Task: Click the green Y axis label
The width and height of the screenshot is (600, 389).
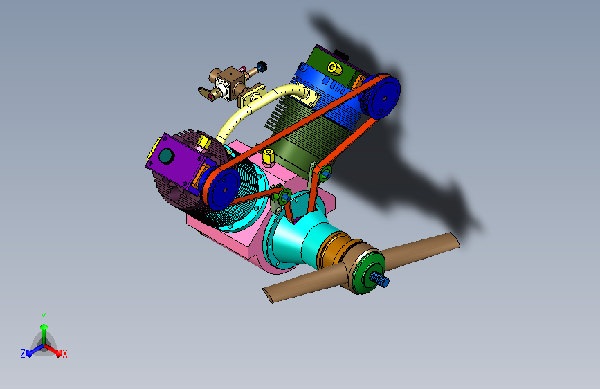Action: tap(44, 317)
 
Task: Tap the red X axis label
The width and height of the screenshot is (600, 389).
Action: tap(64, 354)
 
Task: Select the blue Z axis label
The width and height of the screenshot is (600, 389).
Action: tap(23, 354)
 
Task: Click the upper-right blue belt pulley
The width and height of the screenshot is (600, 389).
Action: tap(383, 97)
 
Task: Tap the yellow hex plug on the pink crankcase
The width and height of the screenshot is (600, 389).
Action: tap(269, 157)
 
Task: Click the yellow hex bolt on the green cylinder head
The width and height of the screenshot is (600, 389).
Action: tap(334, 69)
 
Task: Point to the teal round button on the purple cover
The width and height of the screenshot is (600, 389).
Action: tap(167, 156)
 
